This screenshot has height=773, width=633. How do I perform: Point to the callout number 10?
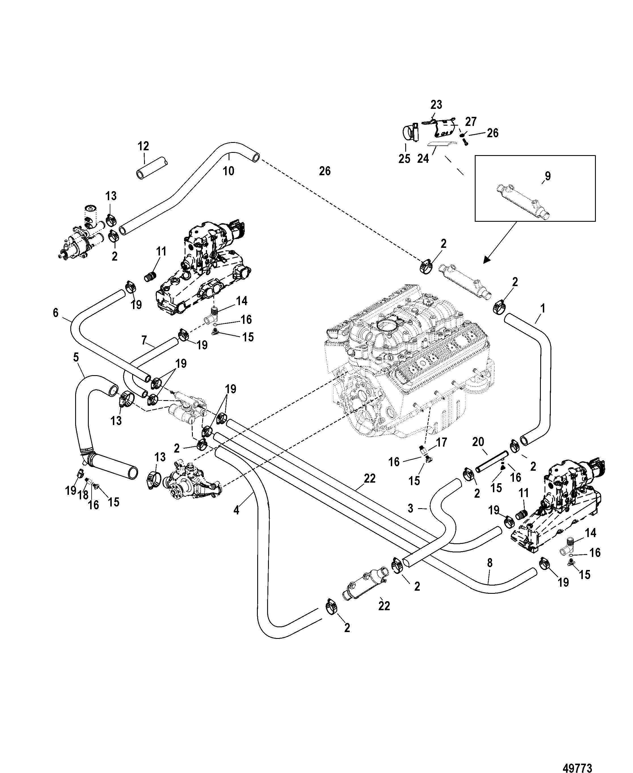click(x=229, y=171)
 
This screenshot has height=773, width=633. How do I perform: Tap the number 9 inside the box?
click(x=548, y=176)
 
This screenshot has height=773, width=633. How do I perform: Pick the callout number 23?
click(x=436, y=105)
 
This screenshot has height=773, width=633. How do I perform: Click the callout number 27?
click(x=470, y=121)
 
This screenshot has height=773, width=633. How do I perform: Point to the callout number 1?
click(x=543, y=309)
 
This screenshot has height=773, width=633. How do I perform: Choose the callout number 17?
click(x=441, y=443)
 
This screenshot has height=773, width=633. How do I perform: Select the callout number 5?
click(x=76, y=357)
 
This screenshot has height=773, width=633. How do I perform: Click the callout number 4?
click(x=236, y=510)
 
